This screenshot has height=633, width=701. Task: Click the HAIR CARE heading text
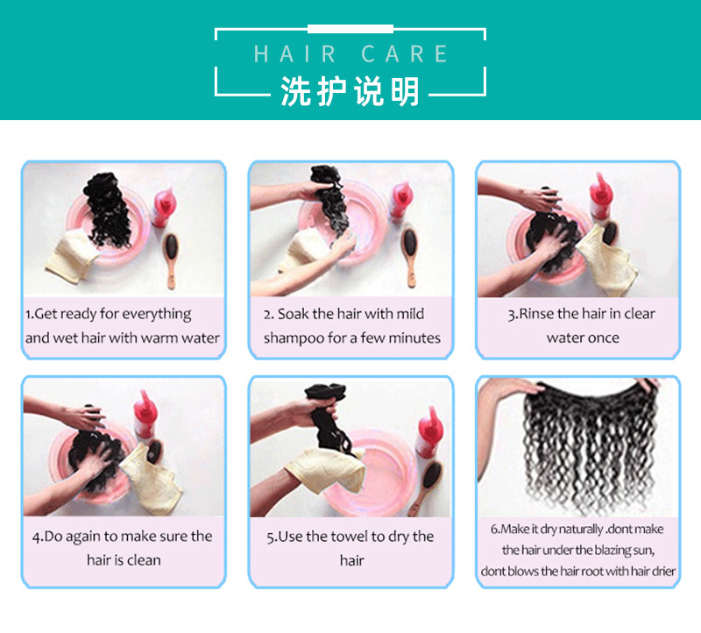[x=350, y=53]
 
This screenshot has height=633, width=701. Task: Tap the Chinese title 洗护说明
[x=350, y=91]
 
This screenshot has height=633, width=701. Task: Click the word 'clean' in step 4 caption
[x=144, y=559]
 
